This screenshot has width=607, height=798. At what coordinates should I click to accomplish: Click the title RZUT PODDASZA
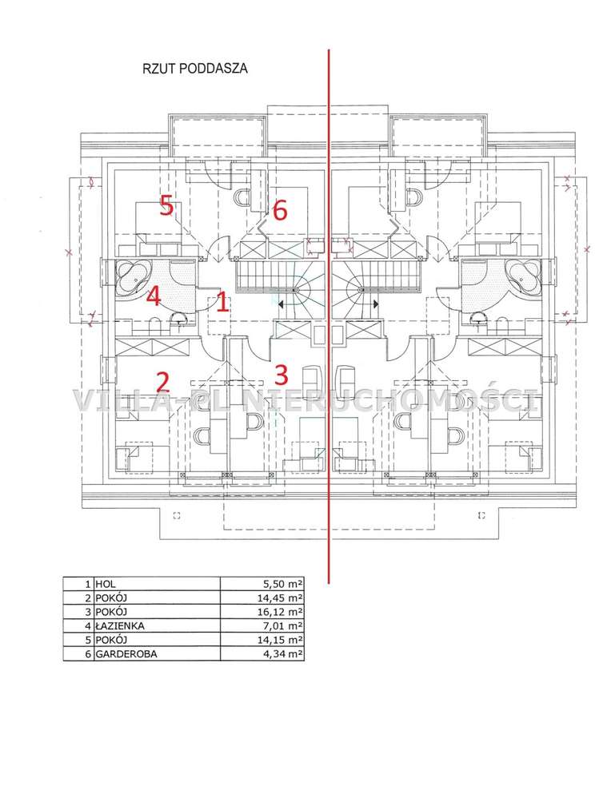point(194,69)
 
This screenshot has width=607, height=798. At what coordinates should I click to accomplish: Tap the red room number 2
point(162,382)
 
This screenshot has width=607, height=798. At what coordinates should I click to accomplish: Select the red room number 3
point(281,375)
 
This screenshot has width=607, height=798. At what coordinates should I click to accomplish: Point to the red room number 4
point(154,296)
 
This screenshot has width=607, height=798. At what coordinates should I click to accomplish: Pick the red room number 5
point(166,205)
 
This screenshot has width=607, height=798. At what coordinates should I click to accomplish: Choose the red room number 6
point(280,210)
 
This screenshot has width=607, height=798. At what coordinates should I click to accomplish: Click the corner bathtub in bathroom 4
point(134,278)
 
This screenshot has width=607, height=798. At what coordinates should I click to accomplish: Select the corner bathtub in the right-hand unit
point(523,278)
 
